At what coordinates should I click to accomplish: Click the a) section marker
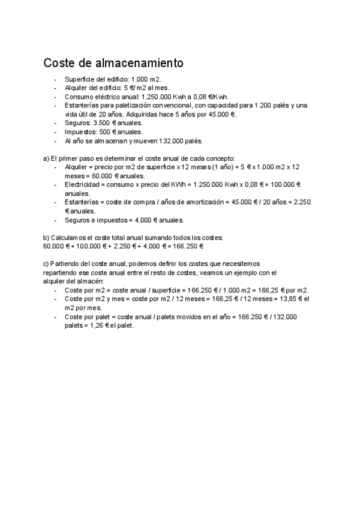tap(46, 158)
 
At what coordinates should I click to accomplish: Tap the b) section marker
tap(46, 238)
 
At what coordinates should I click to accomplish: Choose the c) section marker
tap(46, 264)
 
